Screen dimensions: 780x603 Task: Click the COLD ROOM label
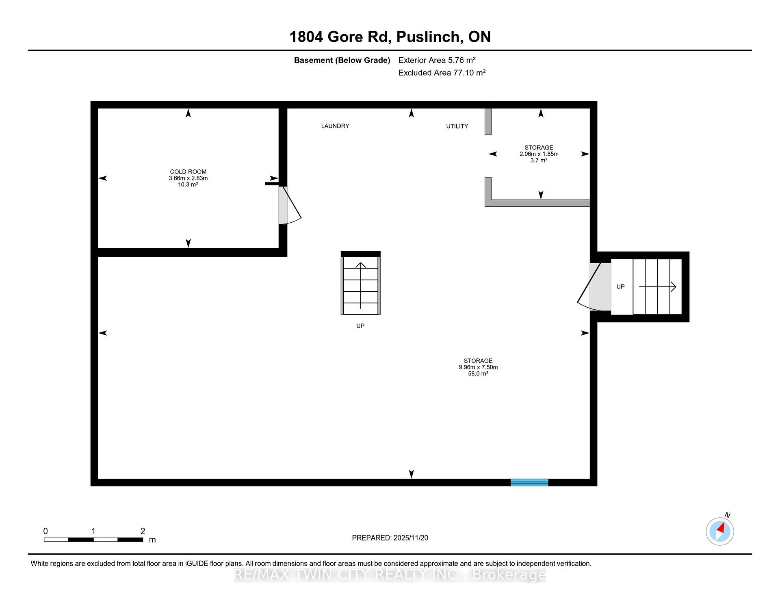click(x=188, y=172)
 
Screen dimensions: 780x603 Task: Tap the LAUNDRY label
click(x=335, y=126)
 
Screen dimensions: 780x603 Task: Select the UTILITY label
click(x=457, y=126)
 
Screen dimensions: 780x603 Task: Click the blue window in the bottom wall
click(x=529, y=482)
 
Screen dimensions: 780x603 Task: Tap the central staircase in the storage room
click(x=361, y=283)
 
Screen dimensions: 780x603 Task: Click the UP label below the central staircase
click(x=360, y=326)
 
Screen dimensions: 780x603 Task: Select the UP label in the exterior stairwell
click(x=620, y=286)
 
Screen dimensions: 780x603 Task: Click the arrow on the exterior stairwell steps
click(x=657, y=287)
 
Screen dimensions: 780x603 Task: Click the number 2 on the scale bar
click(x=143, y=531)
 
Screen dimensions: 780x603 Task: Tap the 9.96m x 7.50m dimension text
click(x=478, y=367)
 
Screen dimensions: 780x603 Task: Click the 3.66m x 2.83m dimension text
click(x=188, y=178)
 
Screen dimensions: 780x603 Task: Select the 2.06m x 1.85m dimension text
click(x=539, y=154)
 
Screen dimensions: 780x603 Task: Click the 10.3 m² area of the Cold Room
click(x=188, y=184)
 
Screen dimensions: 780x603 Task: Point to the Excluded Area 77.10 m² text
click(x=442, y=73)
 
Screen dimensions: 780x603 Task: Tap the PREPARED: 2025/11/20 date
click(x=390, y=538)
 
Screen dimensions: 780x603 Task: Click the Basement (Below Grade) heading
click(x=342, y=61)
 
